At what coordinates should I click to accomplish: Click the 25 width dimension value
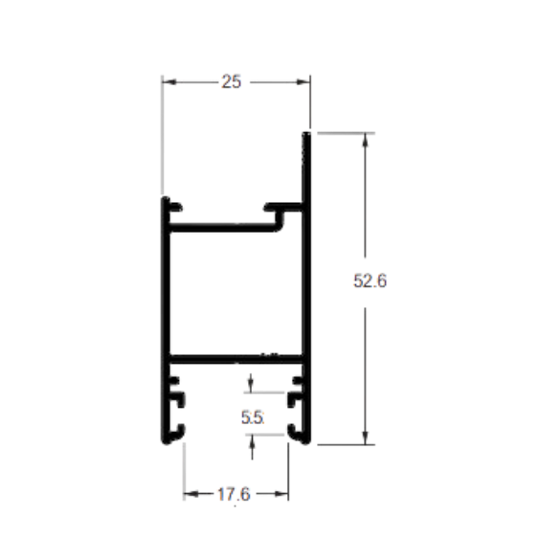(x=232, y=81)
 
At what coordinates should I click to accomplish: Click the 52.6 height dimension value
(x=370, y=281)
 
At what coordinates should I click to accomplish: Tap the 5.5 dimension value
(x=253, y=417)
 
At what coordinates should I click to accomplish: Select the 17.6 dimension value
(x=234, y=494)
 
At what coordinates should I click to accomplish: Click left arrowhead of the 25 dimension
(x=169, y=81)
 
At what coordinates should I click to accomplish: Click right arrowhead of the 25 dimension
(x=303, y=81)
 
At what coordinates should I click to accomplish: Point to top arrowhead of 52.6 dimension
(x=365, y=140)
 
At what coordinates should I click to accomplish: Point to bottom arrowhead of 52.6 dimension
(x=365, y=438)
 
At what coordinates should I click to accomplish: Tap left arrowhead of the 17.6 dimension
(x=191, y=494)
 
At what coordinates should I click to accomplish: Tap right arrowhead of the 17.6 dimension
(x=281, y=494)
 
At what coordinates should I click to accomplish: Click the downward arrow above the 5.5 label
(x=251, y=383)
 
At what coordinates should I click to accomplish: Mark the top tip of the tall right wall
(x=306, y=133)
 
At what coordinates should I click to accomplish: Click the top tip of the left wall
(x=166, y=197)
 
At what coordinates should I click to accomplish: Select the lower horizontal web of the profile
(x=236, y=359)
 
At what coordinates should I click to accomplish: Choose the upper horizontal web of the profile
(x=223, y=227)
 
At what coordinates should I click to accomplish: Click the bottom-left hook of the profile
(x=176, y=434)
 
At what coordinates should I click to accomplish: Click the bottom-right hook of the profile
(x=298, y=434)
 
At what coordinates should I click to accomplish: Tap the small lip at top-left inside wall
(x=176, y=208)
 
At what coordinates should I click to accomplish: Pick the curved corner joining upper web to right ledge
(x=281, y=223)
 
